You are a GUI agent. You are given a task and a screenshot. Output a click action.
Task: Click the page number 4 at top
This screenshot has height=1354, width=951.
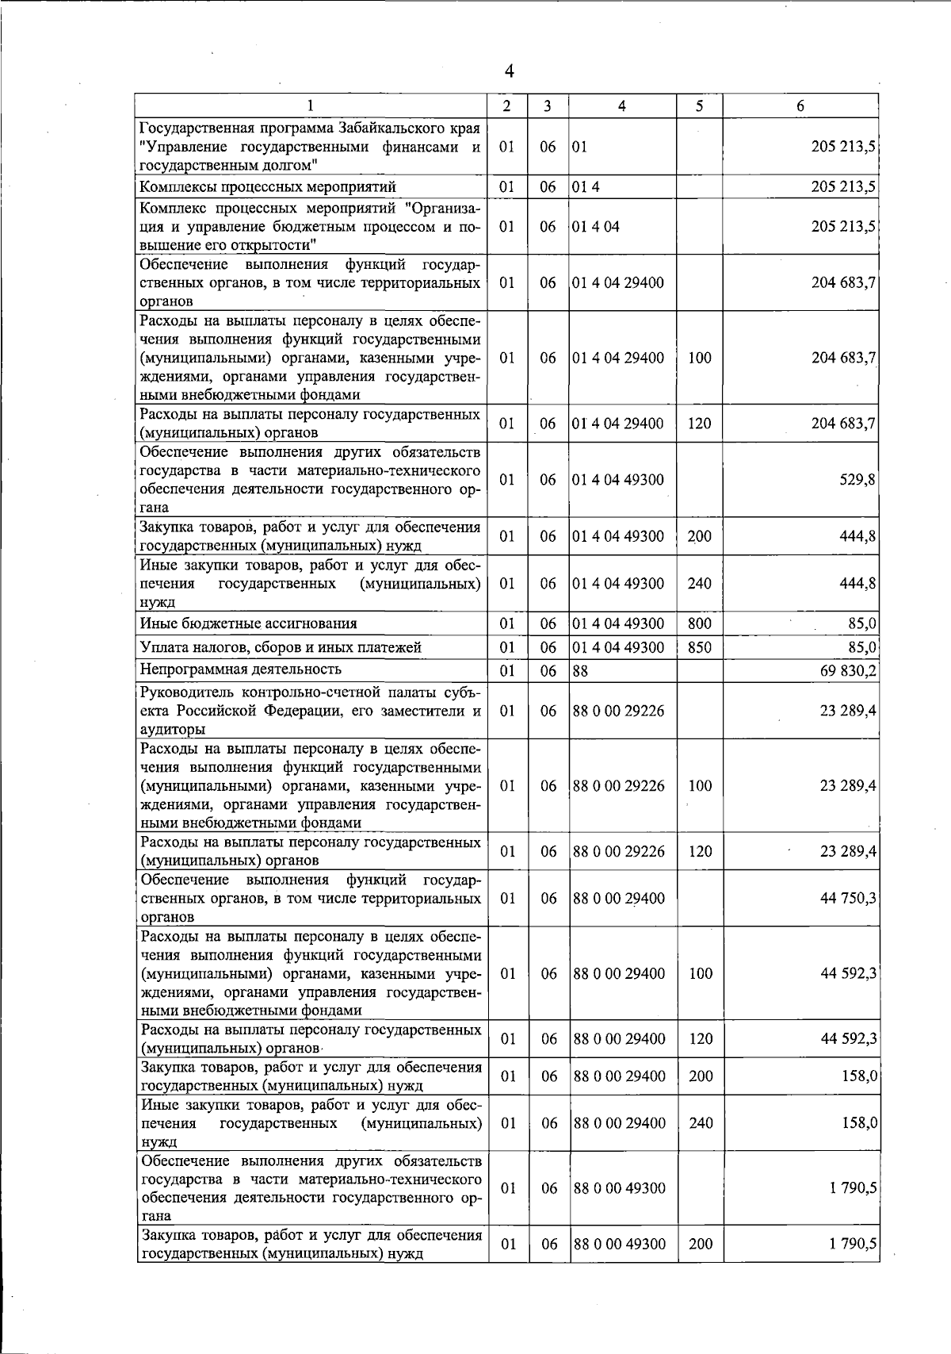tap(509, 71)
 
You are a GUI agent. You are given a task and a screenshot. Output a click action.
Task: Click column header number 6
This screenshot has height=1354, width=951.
tap(800, 105)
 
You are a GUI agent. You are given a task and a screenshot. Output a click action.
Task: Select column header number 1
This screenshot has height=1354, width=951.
tap(311, 105)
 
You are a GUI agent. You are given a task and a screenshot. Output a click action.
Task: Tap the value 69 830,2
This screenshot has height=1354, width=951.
tap(848, 671)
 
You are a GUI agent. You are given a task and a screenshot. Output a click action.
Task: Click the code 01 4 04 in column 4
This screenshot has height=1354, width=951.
tap(596, 226)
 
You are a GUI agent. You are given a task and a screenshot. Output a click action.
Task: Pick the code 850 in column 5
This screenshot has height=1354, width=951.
tap(700, 647)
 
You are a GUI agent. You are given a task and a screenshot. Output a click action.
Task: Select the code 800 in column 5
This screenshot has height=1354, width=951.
tap(700, 623)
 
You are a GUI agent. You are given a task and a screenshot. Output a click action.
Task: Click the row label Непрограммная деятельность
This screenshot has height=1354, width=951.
tap(241, 669)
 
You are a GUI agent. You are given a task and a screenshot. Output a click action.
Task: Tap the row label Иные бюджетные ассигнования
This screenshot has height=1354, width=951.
tap(248, 623)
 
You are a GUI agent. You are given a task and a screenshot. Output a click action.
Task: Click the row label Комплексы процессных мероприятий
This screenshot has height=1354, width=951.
tap(267, 187)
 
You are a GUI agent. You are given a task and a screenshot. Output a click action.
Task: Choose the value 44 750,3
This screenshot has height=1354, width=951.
tap(848, 898)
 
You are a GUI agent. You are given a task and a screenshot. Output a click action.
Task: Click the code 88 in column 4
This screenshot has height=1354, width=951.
tap(580, 671)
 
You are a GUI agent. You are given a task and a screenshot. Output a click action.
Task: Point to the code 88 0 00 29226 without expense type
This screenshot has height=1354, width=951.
tap(618, 711)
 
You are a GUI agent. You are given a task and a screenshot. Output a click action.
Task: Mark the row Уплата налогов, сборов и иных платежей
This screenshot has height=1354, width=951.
tap(281, 647)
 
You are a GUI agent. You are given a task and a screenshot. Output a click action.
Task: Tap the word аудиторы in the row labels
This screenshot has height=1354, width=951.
tap(173, 729)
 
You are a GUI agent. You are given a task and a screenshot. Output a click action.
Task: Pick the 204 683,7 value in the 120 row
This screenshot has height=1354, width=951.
tap(843, 424)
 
